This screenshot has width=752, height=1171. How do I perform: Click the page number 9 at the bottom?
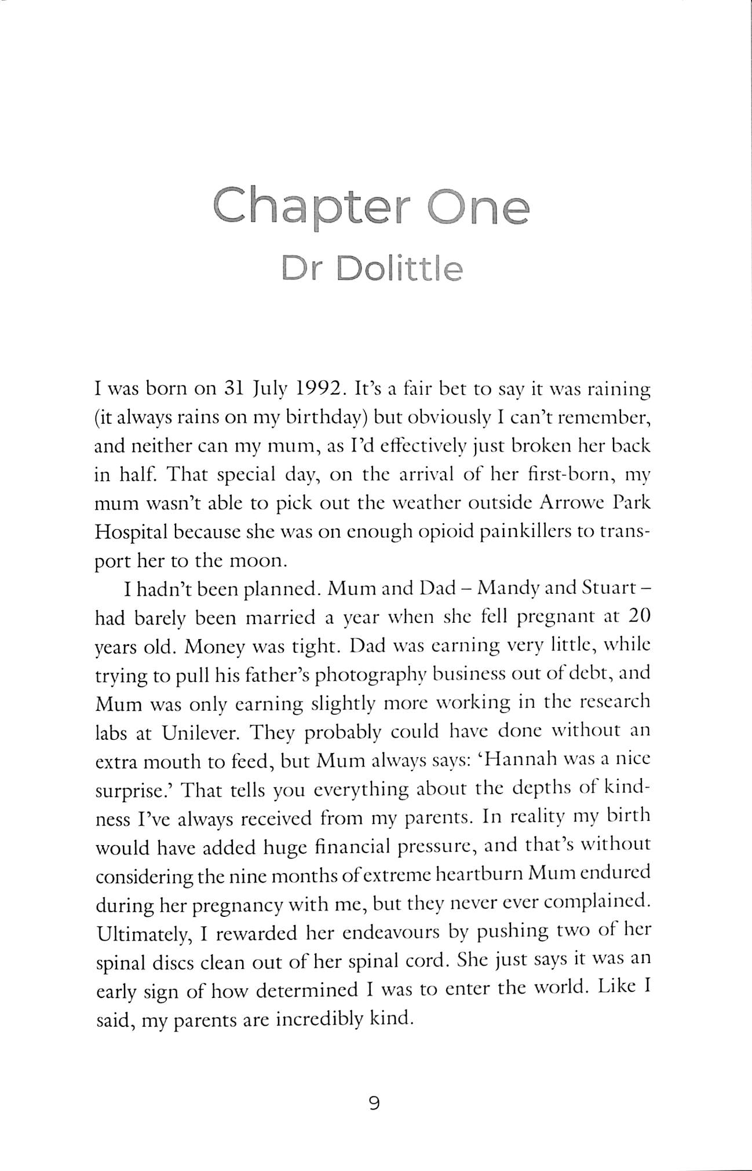(374, 1103)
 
